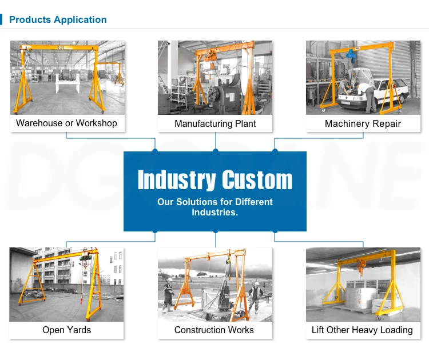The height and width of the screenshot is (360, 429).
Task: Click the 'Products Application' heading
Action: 58,20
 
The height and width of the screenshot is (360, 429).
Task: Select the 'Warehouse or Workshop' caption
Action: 66,123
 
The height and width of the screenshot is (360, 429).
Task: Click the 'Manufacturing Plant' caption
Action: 215,123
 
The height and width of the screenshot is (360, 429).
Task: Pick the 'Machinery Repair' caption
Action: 363,123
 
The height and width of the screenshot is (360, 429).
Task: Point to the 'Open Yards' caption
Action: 66,330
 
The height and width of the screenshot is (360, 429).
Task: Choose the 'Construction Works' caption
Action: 214,330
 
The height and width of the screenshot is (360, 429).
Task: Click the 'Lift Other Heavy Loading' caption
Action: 362,330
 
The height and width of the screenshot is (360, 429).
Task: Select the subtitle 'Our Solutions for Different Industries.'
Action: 215,207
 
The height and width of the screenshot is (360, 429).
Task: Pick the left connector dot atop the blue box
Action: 155,151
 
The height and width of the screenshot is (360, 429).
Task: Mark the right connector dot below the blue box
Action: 275,231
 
